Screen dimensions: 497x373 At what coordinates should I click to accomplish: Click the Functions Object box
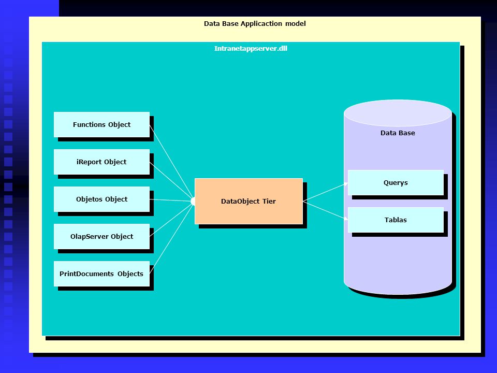click(101, 124)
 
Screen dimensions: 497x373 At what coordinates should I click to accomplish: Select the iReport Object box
click(101, 162)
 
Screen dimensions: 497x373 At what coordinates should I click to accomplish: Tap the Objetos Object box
click(101, 199)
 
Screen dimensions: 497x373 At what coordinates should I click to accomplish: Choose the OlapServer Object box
click(101, 236)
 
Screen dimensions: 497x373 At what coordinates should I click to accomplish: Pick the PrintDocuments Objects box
click(101, 274)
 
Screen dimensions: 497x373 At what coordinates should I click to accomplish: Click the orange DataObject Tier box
click(248, 201)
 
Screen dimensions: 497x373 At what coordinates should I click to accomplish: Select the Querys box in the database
click(396, 183)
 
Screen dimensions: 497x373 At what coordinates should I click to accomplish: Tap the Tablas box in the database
click(396, 220)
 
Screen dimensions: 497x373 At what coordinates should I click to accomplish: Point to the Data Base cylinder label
click(398, 133)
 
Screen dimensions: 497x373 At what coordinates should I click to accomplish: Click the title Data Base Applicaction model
click(255, 23)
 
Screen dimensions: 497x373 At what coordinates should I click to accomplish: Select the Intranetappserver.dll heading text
click(251, 49)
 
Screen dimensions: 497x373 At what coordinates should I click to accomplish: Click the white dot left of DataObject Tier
click(193, 201)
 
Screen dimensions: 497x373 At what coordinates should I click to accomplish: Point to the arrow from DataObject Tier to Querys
click(325, 192)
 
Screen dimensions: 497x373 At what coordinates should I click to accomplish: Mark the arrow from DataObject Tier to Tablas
click(325, 210)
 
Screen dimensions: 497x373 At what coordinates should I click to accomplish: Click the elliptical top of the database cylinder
click(398, 113)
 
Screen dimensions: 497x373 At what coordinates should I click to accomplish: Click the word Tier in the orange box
click(269, 201)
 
